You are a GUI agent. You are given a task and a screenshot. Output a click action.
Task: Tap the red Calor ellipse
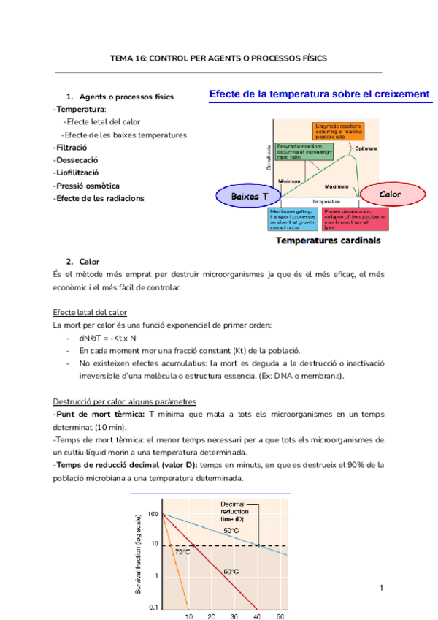[391, 194]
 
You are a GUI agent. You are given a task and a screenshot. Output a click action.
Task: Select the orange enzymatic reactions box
[338, 132]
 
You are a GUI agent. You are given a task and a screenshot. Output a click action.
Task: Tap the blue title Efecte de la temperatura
[320, 94]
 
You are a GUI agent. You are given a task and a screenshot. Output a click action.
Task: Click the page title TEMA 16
[218, 58]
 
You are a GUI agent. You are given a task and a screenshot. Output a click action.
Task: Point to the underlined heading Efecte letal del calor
[90, 312]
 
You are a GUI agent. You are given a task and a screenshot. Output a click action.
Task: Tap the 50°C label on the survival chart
[231, 531]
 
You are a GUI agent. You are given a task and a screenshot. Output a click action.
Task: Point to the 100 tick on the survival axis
[152, 514]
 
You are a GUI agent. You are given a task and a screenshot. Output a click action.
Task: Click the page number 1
[382, 588]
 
